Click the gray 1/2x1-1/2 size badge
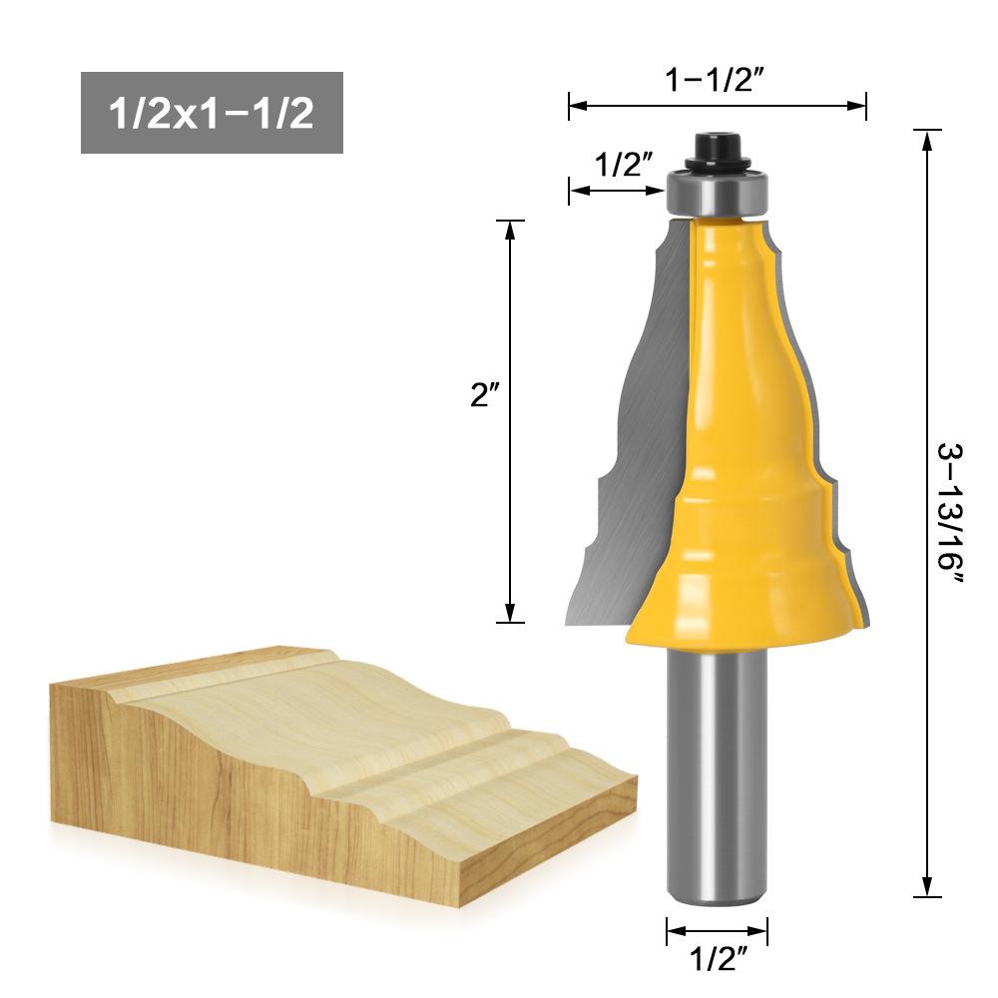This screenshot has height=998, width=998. click(x=212, y=113)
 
